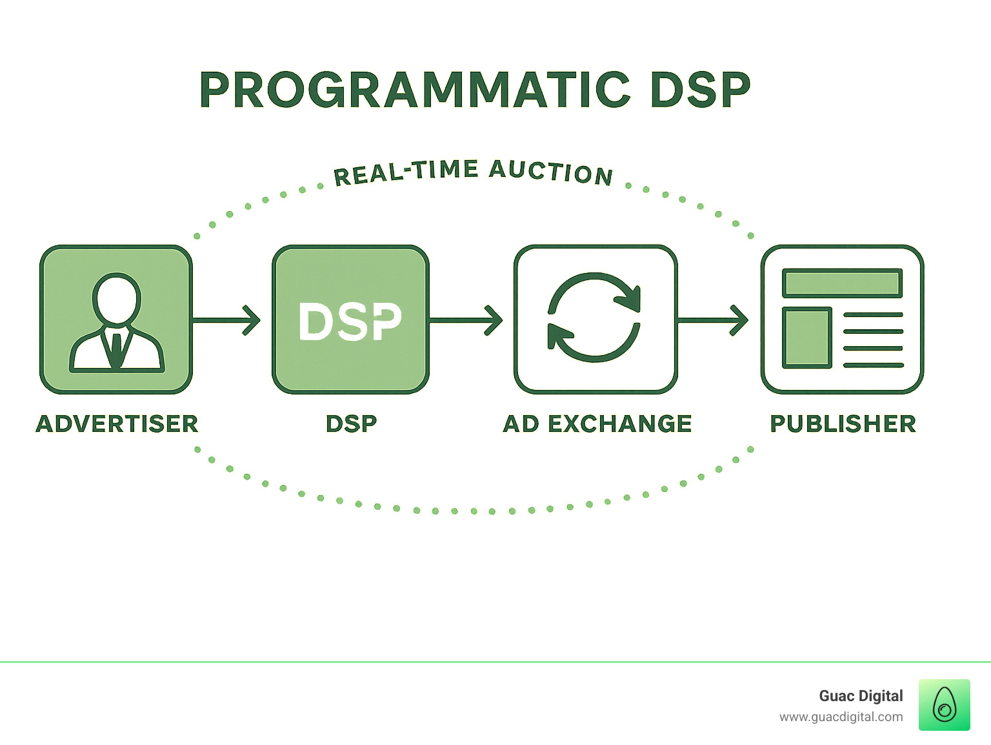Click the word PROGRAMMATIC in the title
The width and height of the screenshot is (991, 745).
[x=415, y=90]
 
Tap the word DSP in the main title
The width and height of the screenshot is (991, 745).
[x=700, y=90]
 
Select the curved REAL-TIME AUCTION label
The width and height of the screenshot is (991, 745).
[x=473, y=172]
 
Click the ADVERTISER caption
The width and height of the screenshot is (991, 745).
[x=117, y=424]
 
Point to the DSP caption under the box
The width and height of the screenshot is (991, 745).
[x=351, y=424]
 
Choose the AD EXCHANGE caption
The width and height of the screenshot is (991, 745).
[x=597, y=424]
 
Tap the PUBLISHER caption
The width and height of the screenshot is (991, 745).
[x=843, y=424]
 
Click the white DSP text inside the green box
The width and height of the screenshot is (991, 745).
[x=350, y=321]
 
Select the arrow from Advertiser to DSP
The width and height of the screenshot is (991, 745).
[x=226, y=320]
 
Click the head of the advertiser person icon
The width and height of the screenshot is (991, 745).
[x=116, y=299]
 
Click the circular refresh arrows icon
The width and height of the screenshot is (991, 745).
[x=594, y=318]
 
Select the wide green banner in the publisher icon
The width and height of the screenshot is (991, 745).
[x=842, y=283]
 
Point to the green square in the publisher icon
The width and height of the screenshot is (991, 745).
[x=806, y=338]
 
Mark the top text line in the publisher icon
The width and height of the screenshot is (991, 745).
[x=873, y=315]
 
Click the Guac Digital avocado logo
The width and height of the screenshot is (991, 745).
[x=944, y=705]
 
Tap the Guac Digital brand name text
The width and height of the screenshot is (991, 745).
[x=861, y=696]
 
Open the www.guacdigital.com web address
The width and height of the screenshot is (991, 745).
[x=841, y=717]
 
